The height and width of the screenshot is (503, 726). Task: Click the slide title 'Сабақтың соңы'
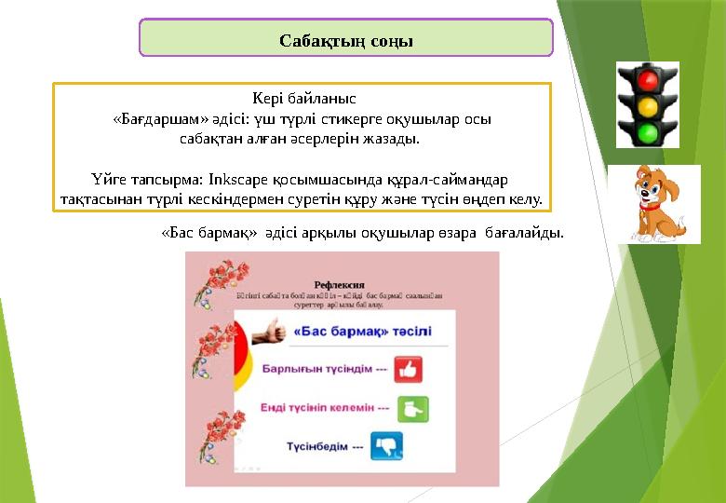(346, 41)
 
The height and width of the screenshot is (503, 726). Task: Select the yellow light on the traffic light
(648, 104)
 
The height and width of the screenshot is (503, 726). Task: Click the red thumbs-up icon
(408, 369)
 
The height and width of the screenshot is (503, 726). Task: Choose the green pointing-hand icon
(412, 408)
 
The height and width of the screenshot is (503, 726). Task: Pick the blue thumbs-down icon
(387, 446)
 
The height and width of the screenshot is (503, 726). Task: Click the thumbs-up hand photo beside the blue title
(268, 331)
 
